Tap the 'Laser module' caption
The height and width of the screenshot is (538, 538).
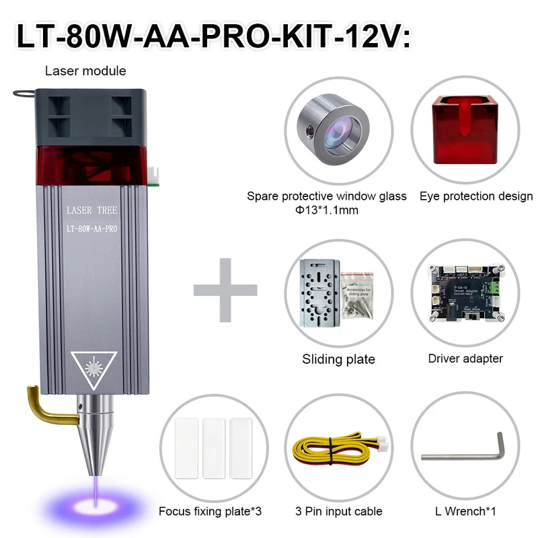85,71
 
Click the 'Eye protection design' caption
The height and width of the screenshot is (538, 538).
476,196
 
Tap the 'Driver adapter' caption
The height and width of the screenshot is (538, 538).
465,358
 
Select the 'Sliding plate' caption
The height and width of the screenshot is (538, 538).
338,359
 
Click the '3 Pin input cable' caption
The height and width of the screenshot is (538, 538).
338,512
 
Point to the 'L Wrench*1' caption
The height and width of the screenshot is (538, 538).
465,512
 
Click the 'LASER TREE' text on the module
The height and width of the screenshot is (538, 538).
93,210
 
